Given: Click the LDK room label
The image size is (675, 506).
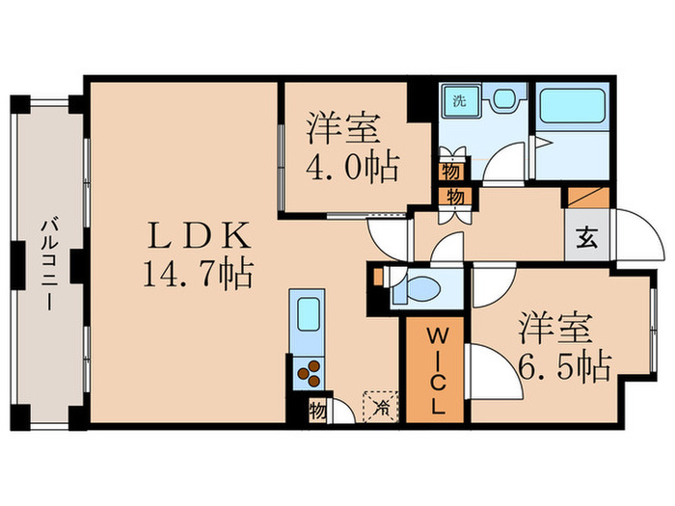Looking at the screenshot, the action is tap(199, 234).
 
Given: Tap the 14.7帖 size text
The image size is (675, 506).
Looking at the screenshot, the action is tap(198, 274).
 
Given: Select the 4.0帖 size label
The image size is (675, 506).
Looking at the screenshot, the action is tap(352, 167).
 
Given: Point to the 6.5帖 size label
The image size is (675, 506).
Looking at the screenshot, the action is tap(565, 366).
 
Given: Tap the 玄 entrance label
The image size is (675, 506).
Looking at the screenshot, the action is tap(586, 237).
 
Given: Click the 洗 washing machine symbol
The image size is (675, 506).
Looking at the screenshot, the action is tap(460, 101).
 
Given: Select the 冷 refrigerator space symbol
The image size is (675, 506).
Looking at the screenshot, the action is tap(381, 406).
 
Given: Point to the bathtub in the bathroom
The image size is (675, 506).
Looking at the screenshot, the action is tap(572, 105).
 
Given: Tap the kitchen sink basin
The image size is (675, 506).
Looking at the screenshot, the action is tap(309, 314).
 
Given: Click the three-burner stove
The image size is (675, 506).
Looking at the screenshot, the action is tap(309, 373).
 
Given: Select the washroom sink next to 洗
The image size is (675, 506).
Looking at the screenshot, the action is tap(502, 98).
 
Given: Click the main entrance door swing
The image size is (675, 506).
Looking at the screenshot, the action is tap(640, 235).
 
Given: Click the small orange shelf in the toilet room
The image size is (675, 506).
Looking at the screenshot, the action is tap(378, 278).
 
